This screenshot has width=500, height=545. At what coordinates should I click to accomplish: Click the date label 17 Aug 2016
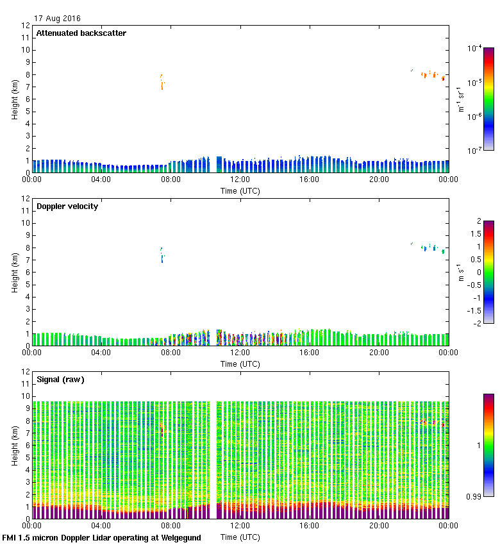pos(58,19)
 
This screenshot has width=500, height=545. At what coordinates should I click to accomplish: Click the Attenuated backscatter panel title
pos(81,33)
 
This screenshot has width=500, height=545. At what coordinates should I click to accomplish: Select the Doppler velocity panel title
pos(67,206)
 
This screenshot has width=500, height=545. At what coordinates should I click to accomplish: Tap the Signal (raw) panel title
pos(60,380)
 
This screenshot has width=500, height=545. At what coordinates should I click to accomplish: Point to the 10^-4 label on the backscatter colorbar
pos(475,49)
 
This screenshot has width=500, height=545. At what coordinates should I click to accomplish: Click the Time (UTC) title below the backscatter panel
pos(240,190)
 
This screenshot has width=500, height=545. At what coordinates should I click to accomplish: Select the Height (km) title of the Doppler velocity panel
pos(14,272)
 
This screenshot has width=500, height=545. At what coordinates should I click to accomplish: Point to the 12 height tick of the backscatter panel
pos(26,26)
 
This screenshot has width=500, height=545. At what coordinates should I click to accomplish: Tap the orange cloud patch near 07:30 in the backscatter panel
pos(162,81)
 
